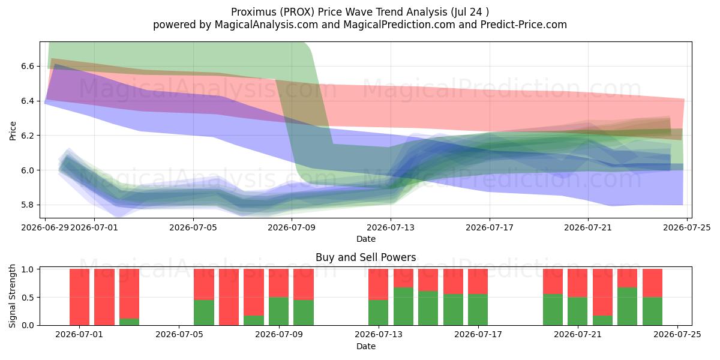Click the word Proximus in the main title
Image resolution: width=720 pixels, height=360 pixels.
pos(253,12)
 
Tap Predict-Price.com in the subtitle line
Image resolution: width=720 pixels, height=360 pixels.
pos(524,25)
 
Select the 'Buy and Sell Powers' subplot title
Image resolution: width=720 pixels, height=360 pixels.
pos(366,257)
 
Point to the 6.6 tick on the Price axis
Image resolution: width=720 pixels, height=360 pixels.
pos(28,66)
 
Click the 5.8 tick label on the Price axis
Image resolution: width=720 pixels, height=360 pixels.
pos(28,205)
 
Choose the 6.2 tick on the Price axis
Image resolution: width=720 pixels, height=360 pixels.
pos(28,136)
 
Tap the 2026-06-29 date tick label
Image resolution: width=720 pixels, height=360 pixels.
pos(45,227)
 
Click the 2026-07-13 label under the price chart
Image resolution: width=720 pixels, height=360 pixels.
pos(391,227)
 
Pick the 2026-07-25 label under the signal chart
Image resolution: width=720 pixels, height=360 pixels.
pos(677,335)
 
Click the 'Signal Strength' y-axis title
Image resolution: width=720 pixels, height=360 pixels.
pos(12,296)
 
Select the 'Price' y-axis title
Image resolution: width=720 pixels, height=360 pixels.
pos(13,131)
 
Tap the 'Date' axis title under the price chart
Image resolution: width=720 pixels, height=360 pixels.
pos(366,239)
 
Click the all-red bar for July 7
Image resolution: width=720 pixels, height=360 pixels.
pos(229,297)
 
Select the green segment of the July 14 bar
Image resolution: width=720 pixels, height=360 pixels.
pos(403,307)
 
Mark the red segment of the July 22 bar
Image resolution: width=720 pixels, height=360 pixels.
pos(602,292)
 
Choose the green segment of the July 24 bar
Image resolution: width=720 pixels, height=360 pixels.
pos(653,311)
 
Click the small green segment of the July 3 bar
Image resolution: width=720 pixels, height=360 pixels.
pos(129,322)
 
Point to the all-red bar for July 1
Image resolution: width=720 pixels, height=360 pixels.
pos(79,297)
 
